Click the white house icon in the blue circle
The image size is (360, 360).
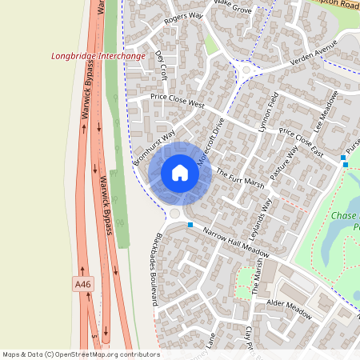click(180, 172)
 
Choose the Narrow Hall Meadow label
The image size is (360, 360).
click(236, 242)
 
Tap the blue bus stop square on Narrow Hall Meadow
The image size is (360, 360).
click(190, 225)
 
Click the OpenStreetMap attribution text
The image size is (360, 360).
click(81, 354)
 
